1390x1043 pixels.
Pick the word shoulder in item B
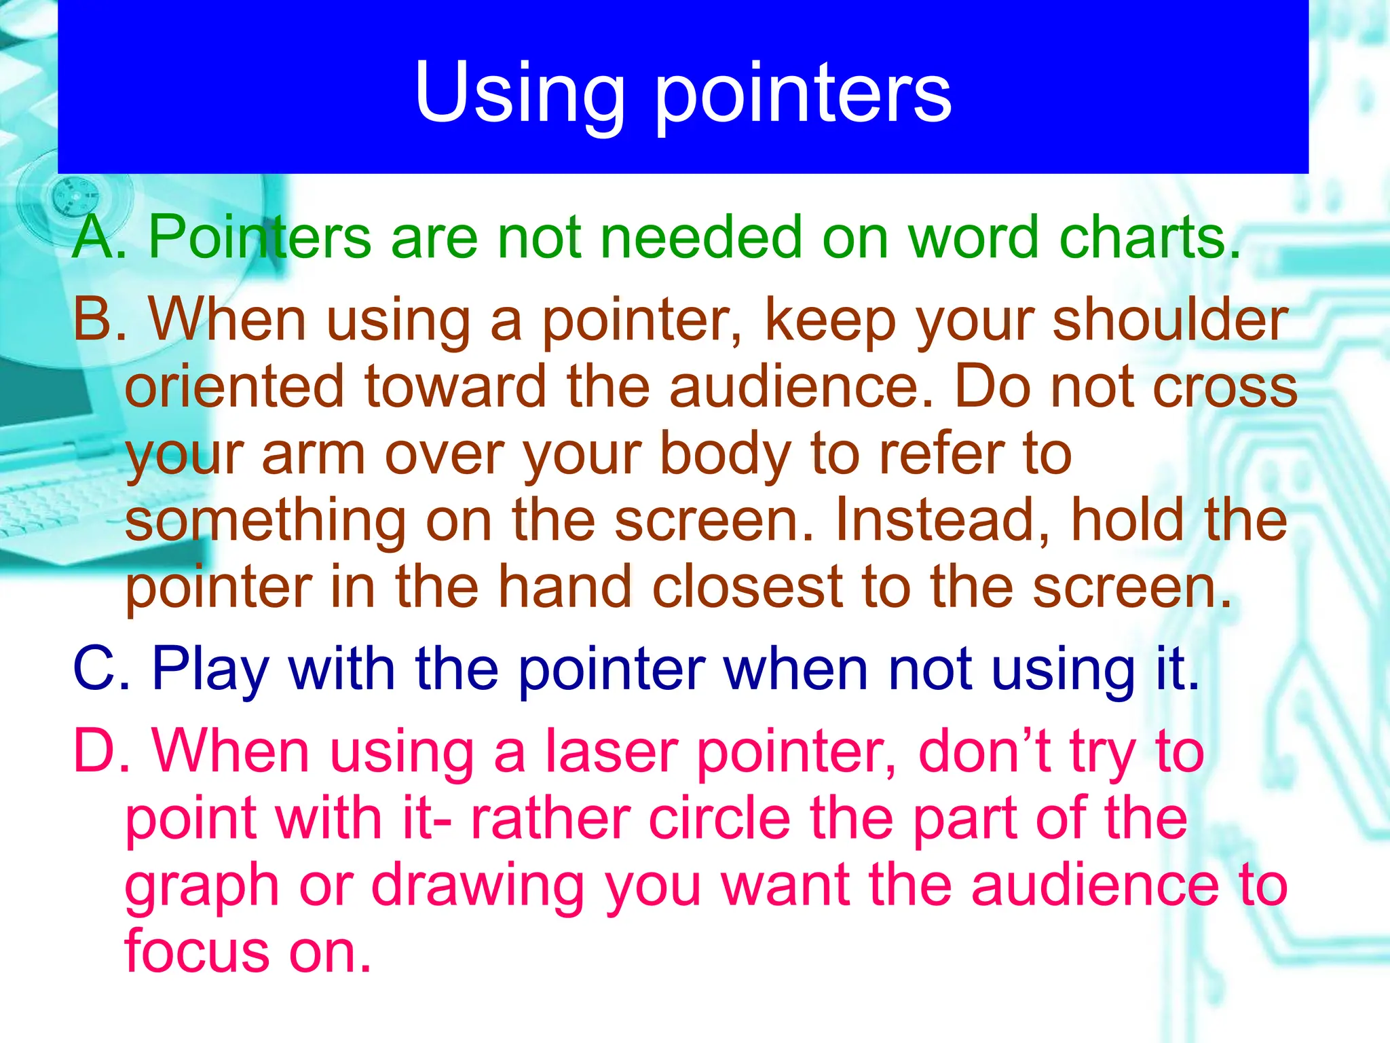pyautogui.click(x=1170, y=319)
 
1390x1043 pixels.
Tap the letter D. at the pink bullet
pyautogui.click(x=101, y=751)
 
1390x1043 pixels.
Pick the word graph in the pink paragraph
pyautogui.click(x=202, y=887)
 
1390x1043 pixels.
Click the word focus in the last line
pyautogui.click(x=196, y=951)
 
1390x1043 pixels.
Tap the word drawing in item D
pyautogui.click(x=478, y=887)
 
